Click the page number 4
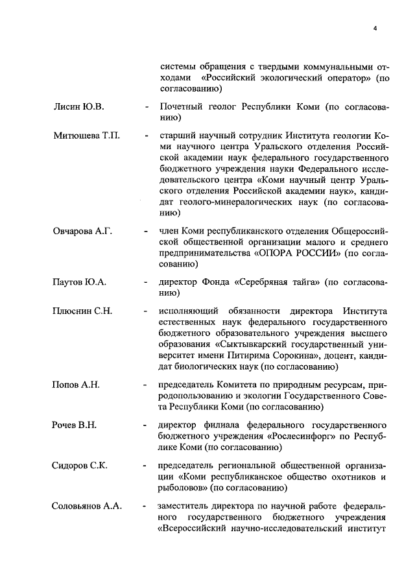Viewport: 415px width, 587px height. click(x=375, y=27)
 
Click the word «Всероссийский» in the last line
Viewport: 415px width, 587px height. click(x=194, y=528)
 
